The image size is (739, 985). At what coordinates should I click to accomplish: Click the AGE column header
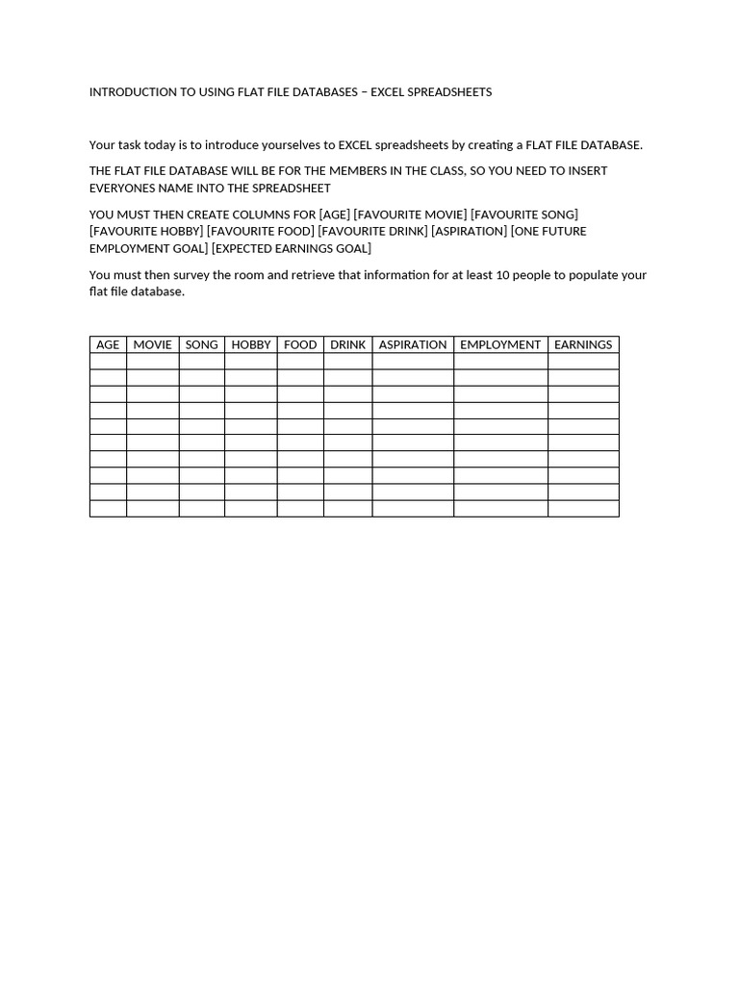click(108, 344)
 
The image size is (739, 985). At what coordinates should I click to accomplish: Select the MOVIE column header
click(152, 344)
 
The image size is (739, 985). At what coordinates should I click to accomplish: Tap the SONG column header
click(201, 344)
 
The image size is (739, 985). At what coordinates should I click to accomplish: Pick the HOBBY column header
click(251, 344)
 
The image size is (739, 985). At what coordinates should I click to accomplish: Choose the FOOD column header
click(300, 344)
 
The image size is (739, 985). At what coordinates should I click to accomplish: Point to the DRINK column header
click(347, 344)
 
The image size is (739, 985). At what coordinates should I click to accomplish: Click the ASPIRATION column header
click(413, 344)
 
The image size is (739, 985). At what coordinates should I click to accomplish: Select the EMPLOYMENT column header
click(500, 344)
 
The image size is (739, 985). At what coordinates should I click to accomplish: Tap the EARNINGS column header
click(583, 344)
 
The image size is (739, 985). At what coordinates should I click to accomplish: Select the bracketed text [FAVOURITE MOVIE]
click(410, 215)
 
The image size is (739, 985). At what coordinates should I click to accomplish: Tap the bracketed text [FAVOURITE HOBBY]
click(146, 232)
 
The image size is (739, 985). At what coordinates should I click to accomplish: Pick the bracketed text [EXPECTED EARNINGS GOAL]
click(292, 249)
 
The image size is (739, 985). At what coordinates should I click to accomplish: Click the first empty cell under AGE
click(108, 362)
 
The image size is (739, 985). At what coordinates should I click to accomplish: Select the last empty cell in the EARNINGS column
click(583, 508)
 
